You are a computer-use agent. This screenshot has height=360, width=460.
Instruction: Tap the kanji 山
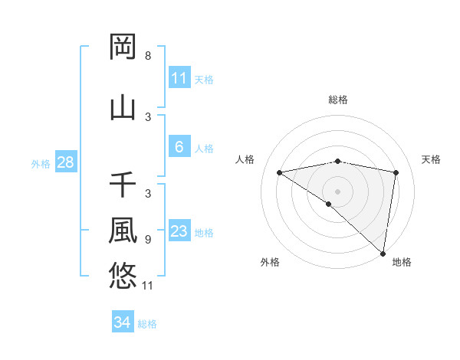tap(123, 107)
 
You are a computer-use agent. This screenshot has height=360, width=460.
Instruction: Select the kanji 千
tap(123, 185)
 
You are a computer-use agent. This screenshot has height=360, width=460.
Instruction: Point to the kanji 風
tap(123, 230)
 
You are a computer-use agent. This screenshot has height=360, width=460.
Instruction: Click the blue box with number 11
tap(179, 78)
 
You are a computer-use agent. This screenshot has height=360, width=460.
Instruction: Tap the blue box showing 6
tap(179, 147)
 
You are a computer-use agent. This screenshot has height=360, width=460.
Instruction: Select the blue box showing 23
tap(179, 231)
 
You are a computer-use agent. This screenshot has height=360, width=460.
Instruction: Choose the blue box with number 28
tap(65, 162)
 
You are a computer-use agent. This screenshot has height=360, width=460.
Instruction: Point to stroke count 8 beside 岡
tap(148, 56)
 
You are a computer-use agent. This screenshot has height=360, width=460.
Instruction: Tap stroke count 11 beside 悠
tap(148, 286)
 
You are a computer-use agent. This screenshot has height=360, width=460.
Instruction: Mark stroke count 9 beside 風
tap(148, 240)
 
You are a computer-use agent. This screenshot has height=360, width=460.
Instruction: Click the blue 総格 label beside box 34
tap(147, 324)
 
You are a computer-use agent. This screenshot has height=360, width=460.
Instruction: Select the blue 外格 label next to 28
tap(40, 163)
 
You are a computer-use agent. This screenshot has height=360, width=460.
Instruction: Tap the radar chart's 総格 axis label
tap(337, 100)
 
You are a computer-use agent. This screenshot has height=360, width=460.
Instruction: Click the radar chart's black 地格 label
tap(402, 262)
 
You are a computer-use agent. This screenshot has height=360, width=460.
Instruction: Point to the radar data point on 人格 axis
tap(280, 172)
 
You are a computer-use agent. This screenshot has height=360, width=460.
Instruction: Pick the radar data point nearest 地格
tap(383, 253)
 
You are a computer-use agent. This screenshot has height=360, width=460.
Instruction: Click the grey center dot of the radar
tap(337, 191)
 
